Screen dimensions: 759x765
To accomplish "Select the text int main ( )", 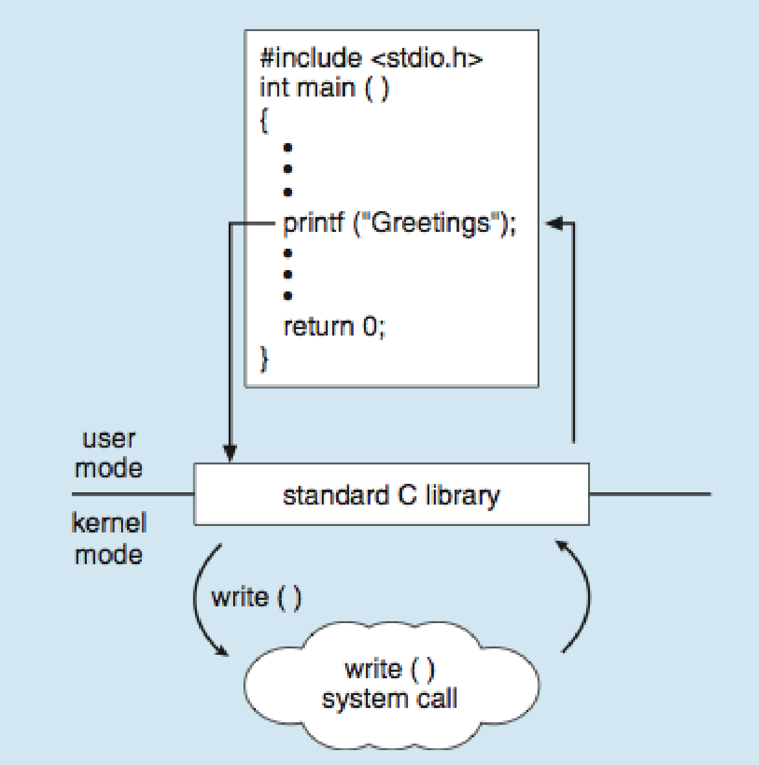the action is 324,88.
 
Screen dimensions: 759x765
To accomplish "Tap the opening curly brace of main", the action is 264,120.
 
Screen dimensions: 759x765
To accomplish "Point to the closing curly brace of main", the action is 264,360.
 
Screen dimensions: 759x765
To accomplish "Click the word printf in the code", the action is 314,224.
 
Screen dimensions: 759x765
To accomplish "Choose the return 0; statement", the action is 335,326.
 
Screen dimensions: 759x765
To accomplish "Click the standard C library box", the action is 392,494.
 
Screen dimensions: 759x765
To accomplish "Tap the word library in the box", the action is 462,496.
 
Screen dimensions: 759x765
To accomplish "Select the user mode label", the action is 109,453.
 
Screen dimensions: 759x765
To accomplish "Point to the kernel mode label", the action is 109,539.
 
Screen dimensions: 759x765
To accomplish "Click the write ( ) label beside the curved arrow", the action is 256,597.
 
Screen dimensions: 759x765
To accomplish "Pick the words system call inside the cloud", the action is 390,699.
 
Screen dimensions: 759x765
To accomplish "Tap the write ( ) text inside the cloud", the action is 390,668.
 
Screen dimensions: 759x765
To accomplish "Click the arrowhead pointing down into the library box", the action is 230,453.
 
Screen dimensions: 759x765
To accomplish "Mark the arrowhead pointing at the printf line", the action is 554,223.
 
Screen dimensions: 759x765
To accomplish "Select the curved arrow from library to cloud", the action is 196,597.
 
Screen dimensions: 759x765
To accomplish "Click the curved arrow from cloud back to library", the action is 588,596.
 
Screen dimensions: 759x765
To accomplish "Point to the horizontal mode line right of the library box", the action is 651,494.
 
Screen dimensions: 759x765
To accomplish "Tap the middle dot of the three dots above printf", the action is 288,169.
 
